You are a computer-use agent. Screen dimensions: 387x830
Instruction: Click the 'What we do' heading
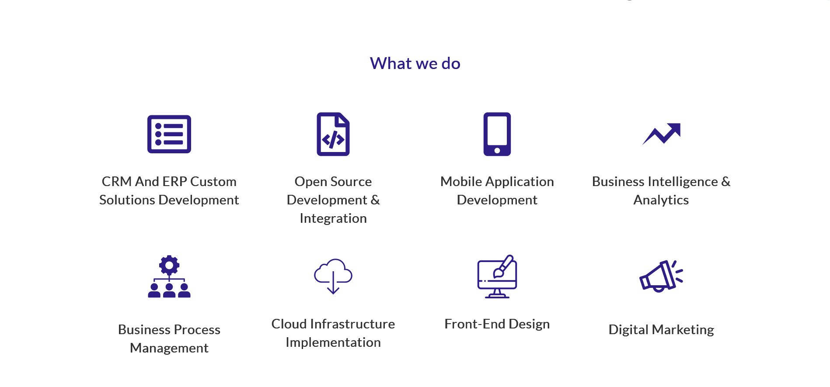click(415, 64)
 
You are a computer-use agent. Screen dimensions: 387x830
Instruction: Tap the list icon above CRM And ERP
click(169, 134)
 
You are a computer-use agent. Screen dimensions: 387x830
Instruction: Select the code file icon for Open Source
click(333, 134)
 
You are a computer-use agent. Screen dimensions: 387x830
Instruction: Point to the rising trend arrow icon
click(661, 134)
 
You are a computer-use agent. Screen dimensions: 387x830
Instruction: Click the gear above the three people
click(169, 265)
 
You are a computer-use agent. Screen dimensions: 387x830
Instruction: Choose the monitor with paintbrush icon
click(497, 276)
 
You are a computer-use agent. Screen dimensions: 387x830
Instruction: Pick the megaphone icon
click(660, 276)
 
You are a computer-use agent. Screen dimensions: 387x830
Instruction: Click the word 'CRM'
click(117, 182)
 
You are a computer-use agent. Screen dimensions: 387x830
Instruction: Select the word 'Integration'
click(333, 218)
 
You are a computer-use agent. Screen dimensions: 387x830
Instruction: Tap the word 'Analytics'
click(661, 200)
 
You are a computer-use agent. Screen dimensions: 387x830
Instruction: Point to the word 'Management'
click(169, 348)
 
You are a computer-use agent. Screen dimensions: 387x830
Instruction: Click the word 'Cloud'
click(289, 324)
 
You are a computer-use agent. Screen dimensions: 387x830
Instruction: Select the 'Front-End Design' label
click(497, 324)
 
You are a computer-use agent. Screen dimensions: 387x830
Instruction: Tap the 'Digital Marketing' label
click(661, 330)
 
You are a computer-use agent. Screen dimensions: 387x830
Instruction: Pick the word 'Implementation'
click(333, 342)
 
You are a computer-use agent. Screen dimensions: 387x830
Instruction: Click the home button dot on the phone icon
click(497, 151)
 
